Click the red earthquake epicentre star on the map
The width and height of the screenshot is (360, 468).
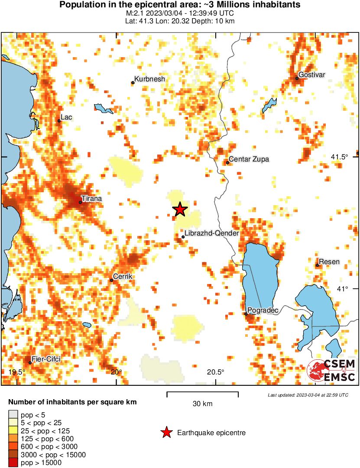tap(180, 210)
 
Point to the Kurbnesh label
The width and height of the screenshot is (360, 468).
tap(149, 79)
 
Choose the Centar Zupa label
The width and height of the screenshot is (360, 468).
tap(249, 159)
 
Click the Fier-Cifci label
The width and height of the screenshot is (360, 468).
tap(46, 359)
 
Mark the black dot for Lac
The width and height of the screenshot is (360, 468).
tap(59, 121)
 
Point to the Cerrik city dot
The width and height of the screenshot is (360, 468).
tap(111, 280)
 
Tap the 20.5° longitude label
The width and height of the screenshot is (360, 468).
tap(215, 372)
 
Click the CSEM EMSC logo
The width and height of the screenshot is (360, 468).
tap(332, 371)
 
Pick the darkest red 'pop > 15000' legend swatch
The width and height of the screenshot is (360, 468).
tap(13, 463)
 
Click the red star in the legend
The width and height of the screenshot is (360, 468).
tap(166, 432)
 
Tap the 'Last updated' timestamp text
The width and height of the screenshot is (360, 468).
tap(308, 395)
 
